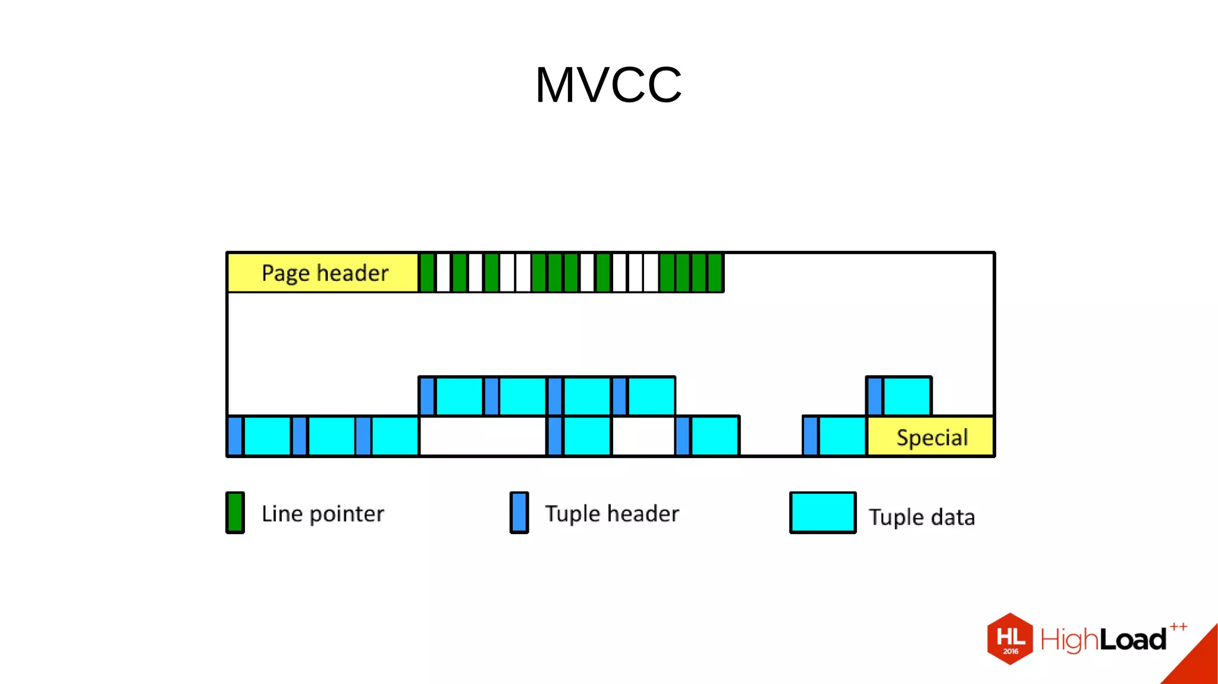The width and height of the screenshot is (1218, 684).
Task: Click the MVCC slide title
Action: click(x=608, y=85)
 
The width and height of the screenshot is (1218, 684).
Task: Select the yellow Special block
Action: click(x=931, y=437)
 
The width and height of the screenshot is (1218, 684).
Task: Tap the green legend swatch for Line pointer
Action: click(x=235, y=513)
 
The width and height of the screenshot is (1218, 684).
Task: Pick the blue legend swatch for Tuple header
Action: click(x=519, y=513)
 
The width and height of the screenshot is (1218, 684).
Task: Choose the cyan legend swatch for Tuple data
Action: click(x=823, y=513)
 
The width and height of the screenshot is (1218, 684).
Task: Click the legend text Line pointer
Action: click(x=323, y=514)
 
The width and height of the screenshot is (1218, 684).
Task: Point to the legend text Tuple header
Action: click(x=612, y=514)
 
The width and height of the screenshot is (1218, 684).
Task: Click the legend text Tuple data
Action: click(x=922, y=517)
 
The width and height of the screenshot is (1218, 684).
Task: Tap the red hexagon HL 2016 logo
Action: click(x=1010, y=639)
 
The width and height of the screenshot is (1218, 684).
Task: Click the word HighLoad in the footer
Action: click(x=1103, y=640)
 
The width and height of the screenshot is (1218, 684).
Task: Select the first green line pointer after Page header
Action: click(x=427, y=273)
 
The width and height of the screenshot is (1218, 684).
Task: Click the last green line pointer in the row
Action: click(x=715, y=273)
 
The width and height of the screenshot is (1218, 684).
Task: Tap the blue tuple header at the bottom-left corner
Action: click(x=236, y=437)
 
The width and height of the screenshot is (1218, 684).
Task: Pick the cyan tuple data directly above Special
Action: click(x=908, y=396)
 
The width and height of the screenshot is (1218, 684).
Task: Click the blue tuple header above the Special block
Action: click(x=875, y=396)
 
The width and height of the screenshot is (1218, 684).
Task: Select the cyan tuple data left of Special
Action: click(x=843, y=437)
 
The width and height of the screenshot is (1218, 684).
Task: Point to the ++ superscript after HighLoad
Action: click(x=1178, y=626)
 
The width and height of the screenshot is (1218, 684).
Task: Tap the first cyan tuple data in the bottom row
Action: click(x=268, y=437)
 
